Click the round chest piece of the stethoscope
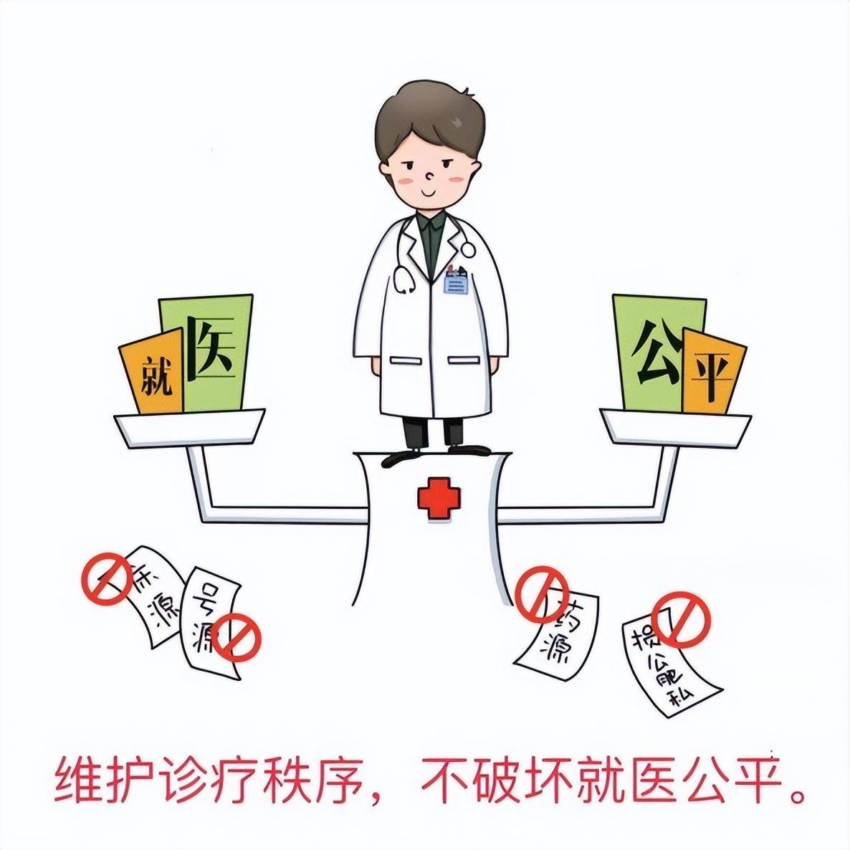point(467,249)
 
